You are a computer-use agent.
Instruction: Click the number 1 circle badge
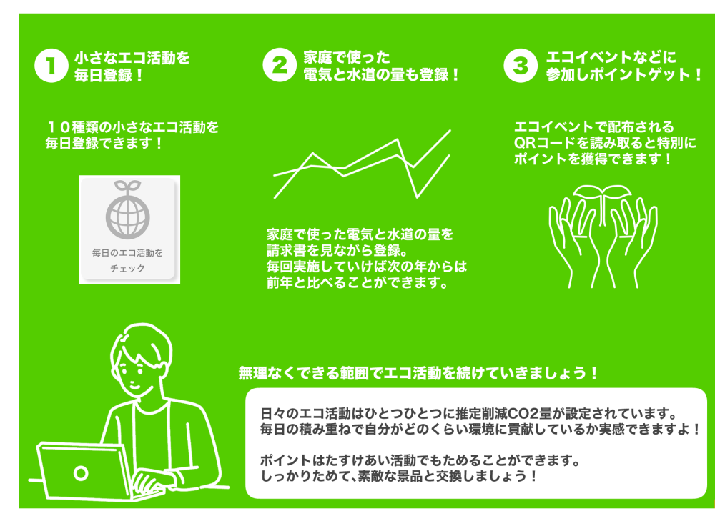click(51, 66)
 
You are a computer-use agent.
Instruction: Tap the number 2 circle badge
click(280, 65)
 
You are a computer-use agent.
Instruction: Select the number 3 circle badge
click(521, 65)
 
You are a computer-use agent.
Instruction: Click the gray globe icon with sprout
click(128, 209)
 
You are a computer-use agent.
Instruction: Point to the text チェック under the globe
click(128, 268)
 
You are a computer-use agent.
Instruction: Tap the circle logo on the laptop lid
click(81, 474)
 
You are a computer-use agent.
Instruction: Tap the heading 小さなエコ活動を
click(132, 58)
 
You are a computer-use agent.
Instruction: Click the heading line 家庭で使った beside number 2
click(347, 57)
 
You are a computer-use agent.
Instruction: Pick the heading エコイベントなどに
click(611, 57)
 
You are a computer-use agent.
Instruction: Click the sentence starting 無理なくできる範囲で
click(418, 373)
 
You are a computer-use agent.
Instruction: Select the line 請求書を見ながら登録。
click(337, 250)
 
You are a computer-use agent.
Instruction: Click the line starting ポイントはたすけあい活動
click(420, 460)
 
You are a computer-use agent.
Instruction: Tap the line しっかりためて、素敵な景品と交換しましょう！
click(398, 476)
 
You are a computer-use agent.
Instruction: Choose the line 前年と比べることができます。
click(357, 282)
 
